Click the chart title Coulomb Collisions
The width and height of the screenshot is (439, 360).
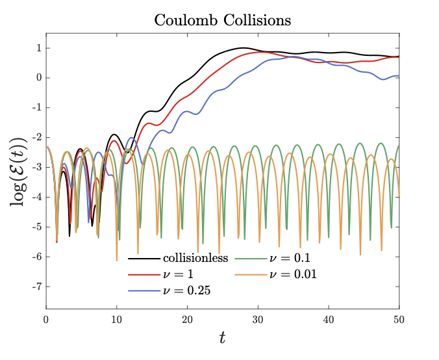[x=223, y=21]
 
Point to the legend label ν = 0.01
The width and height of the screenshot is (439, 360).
[x=292, y=274]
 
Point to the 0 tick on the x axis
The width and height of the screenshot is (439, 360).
[x=46, y=319]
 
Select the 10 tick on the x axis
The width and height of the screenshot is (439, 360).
[x=116, y=319]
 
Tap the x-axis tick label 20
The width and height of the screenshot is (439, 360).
[x=187, y=319]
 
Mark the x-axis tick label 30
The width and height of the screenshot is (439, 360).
[x=258, y=319]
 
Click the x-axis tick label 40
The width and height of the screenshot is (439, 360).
[x=328, y=319]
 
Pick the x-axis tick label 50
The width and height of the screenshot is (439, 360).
[x=398, y=319]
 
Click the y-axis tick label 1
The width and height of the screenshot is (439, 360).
[x=39, y=48]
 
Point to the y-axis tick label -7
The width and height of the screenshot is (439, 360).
[x=37, y=287]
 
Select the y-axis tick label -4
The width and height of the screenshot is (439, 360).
[x=37, y=197]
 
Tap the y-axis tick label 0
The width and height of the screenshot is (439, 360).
[x=39, y=78]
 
